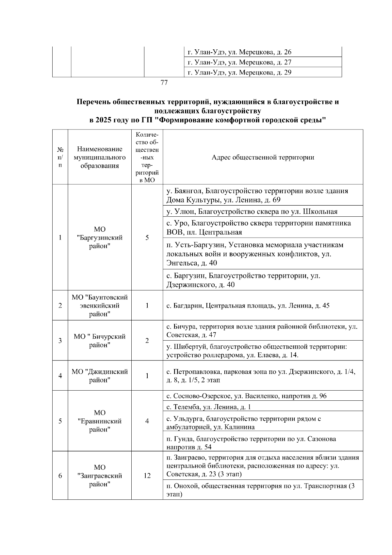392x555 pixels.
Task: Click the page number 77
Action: click(x=164, y=83)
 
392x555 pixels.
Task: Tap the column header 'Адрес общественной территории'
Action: click(x=263, y=157)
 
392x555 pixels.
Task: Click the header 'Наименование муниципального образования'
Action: click(x=100, y=157)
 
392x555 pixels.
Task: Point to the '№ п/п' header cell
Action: click(x=60, y=157)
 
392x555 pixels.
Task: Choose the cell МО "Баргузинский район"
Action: click(x=100, y=238)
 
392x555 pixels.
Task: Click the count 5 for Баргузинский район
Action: click(x=147, y=238)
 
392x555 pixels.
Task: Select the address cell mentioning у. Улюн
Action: click(x=252, y=211)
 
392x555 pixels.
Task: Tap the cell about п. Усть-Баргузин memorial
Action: click(x=255, y=254)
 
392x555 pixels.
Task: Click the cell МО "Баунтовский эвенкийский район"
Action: click(x=100, y=306)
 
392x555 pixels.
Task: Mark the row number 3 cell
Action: click(x=60, y=341)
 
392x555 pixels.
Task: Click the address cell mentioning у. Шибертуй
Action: click(x=256, y=350)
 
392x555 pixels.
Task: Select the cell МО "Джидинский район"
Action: click(x=100, y=376)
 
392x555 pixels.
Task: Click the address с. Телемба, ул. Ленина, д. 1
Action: click(x=208, y=407)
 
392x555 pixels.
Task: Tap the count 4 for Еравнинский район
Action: click(x=147, y=421)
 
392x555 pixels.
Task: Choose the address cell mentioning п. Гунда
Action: click(x=251, y=443)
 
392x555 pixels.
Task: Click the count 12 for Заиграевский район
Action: click(x=147, y=476)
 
